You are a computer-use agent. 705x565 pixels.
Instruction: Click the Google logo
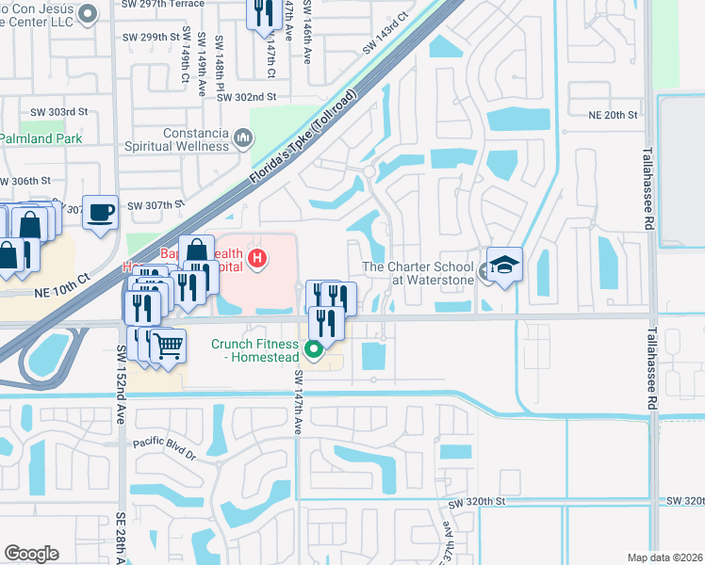coord(31,554)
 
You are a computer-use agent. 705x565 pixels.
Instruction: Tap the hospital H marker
coord(257,257)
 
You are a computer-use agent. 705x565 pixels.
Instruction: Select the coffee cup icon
coord(100,212)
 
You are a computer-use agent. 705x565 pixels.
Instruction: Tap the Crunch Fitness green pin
coord(315,351)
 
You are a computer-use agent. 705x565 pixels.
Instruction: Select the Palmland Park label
coord(41,138)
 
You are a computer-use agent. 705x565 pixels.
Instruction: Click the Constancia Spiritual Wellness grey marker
coord(243,140)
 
